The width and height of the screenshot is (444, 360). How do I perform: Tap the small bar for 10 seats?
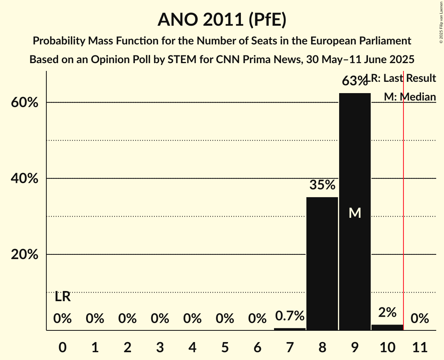[387, 327]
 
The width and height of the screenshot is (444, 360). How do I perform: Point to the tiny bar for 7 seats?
[290, 329]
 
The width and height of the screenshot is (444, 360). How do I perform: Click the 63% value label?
[354, 81]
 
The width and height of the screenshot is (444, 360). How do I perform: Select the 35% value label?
[322, 185]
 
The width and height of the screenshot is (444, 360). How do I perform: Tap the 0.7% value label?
[290, 316]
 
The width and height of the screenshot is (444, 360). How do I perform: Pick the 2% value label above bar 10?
[387, 312]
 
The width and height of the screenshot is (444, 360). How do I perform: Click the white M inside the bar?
[355, 213]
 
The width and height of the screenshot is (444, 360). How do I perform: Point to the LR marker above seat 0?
[62, 297]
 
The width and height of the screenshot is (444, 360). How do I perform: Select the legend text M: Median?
[410, 97]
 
